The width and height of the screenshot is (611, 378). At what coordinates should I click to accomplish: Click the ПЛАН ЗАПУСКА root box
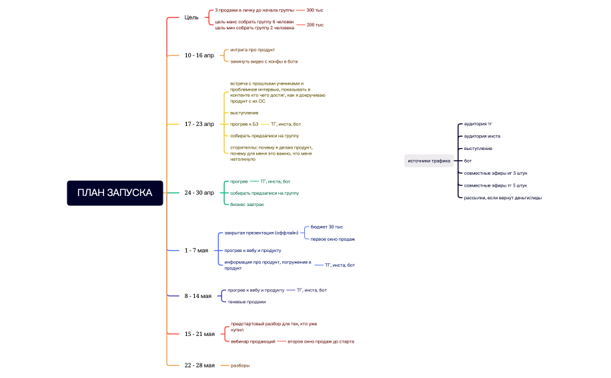tap(115, 193)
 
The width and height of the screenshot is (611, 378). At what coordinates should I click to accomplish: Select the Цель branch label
tap(191, 17)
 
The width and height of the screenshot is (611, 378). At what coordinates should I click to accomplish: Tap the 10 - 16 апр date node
tap(199, 55)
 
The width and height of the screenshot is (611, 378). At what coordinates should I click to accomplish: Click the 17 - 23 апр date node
tap(199, 124)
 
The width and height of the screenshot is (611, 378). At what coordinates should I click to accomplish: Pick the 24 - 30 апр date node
tap(199, 193)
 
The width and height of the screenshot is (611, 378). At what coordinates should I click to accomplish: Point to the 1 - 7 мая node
tap(196, 251)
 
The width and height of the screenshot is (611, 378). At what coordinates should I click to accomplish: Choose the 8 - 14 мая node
tap(197, 296)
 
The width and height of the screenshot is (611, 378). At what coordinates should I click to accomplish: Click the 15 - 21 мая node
tap(199, 334)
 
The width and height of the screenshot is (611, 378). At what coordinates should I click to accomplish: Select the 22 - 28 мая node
tap(199, 365)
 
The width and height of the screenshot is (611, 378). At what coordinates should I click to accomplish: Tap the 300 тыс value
tap(315, 11)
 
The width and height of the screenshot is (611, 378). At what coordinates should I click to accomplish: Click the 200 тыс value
tap(315, 25)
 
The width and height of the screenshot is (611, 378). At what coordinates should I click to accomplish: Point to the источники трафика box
tap(429, 161)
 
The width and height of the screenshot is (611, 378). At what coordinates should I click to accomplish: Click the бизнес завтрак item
tap(247, 204)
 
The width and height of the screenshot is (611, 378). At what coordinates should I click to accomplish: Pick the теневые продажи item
tap(247, 301)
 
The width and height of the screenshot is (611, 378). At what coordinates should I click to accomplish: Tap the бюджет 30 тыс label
tap(327, 227)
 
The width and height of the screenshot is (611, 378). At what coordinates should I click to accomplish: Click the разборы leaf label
tap(240, 365)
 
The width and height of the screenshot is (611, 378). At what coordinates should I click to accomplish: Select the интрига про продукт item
tap(252, 50)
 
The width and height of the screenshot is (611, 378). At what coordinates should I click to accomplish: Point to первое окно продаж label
tap(333, 239)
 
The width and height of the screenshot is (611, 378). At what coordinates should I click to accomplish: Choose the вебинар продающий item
tap(253, 341)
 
